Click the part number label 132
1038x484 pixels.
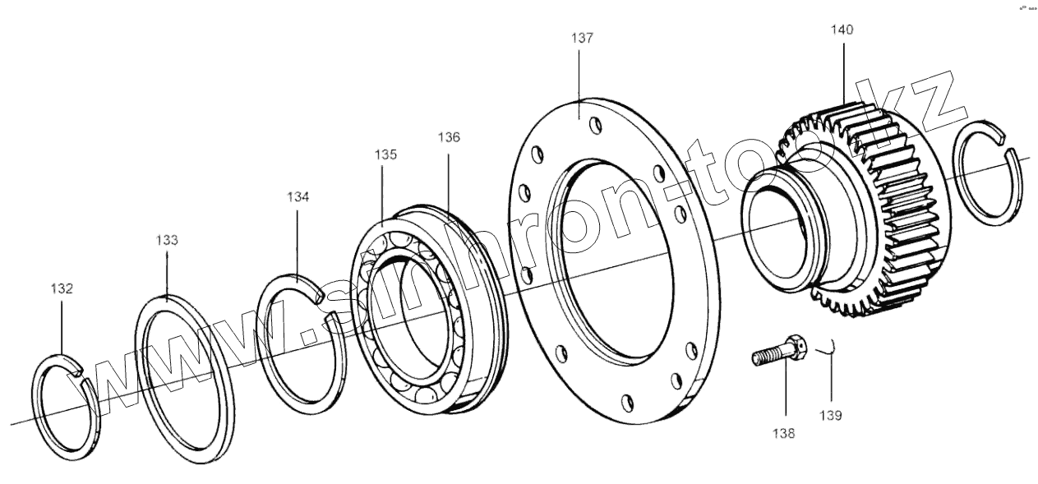coord(62,288)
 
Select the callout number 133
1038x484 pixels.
coord(167,240)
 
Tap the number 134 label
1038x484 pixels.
coord(298,197)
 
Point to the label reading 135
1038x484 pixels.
coord(386,154)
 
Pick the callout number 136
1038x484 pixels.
coord(449,137)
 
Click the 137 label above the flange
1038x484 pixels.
coord(581,38)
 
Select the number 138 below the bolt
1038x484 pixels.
coord(784,433)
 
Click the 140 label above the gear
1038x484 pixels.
coord(842,30)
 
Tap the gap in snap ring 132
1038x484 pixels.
coord(82,375)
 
